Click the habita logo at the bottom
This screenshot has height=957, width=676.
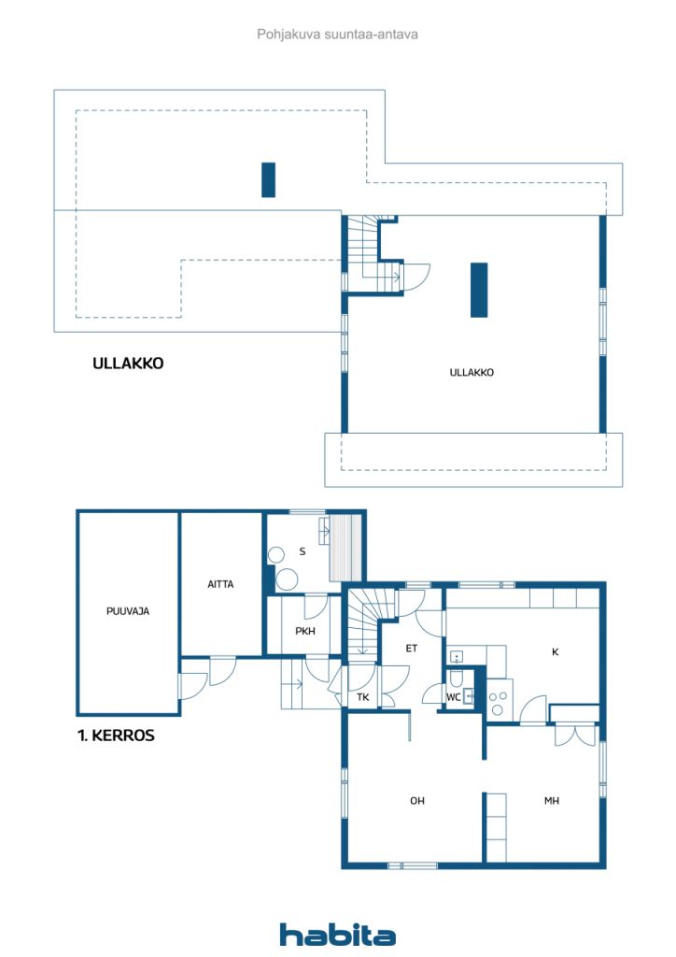[x=337, y=935]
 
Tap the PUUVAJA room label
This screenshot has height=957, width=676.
[x=127, y=611]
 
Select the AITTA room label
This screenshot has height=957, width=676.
[x=220, y=584]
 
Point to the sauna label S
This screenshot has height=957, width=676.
[x=303, y=551]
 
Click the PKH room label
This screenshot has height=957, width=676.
[x=305, y=631]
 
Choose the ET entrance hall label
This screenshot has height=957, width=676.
[x=412, y=649]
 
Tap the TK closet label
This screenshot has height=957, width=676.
[x=362, y=697]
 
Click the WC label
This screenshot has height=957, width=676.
[x=454, y=697]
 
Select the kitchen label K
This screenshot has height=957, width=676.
[x=556, y=651]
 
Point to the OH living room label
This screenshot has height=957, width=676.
[x=417, y=801]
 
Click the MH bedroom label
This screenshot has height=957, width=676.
[x=552, y=801]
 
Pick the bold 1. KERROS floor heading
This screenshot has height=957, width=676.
[x=116, y=736]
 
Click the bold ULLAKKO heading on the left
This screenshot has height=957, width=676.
[x=128, y=364]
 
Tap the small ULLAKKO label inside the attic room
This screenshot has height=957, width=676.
[x=472, y=372]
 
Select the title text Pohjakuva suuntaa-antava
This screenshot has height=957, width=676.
[x=337, y=35]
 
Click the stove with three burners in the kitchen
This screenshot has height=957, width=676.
[x=500, y=701]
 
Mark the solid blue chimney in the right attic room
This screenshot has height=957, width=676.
[x=479, y=290]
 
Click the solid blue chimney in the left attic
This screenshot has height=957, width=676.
[x=268, y=179]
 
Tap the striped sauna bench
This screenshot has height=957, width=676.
[x=345, y=548]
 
